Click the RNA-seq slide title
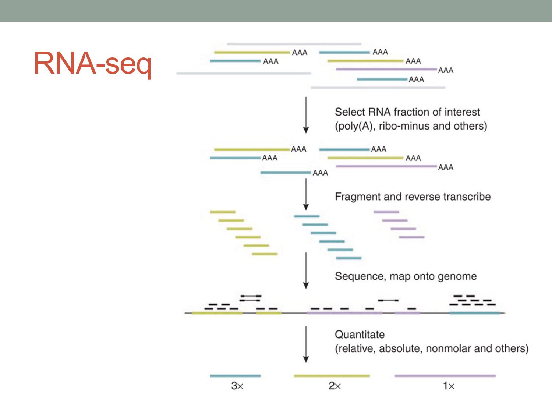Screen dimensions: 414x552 pyautogui.click(x=92, y=63)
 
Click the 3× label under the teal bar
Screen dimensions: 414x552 pyautogui.click(x=237, y=386)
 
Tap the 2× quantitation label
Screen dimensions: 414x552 pyautogui.click(x=335, y=386)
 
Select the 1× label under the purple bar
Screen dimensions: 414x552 pyautogui.click(x=449, y=386)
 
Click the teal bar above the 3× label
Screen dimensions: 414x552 pyautogui.click(x=235, y=376)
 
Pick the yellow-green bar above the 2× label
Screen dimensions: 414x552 pyautogui.click(x=332, y=376)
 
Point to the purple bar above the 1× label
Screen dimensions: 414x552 pyautogui.click(x=445, y=376)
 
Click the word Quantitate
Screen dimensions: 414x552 pyautogui.click(x=360, y=335)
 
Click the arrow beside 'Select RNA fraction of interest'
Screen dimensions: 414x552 pyautogui.click(x=306, y=115)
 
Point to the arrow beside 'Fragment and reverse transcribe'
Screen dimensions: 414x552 pyautogui.click(x=306, y=194)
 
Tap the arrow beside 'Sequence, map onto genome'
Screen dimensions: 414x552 pyautogui.click(x=306, y=270)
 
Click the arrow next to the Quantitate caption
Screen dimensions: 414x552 pyautogui.click(x=306, y=344)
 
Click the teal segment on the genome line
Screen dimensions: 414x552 pyautogui.click(x=474, y=313)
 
